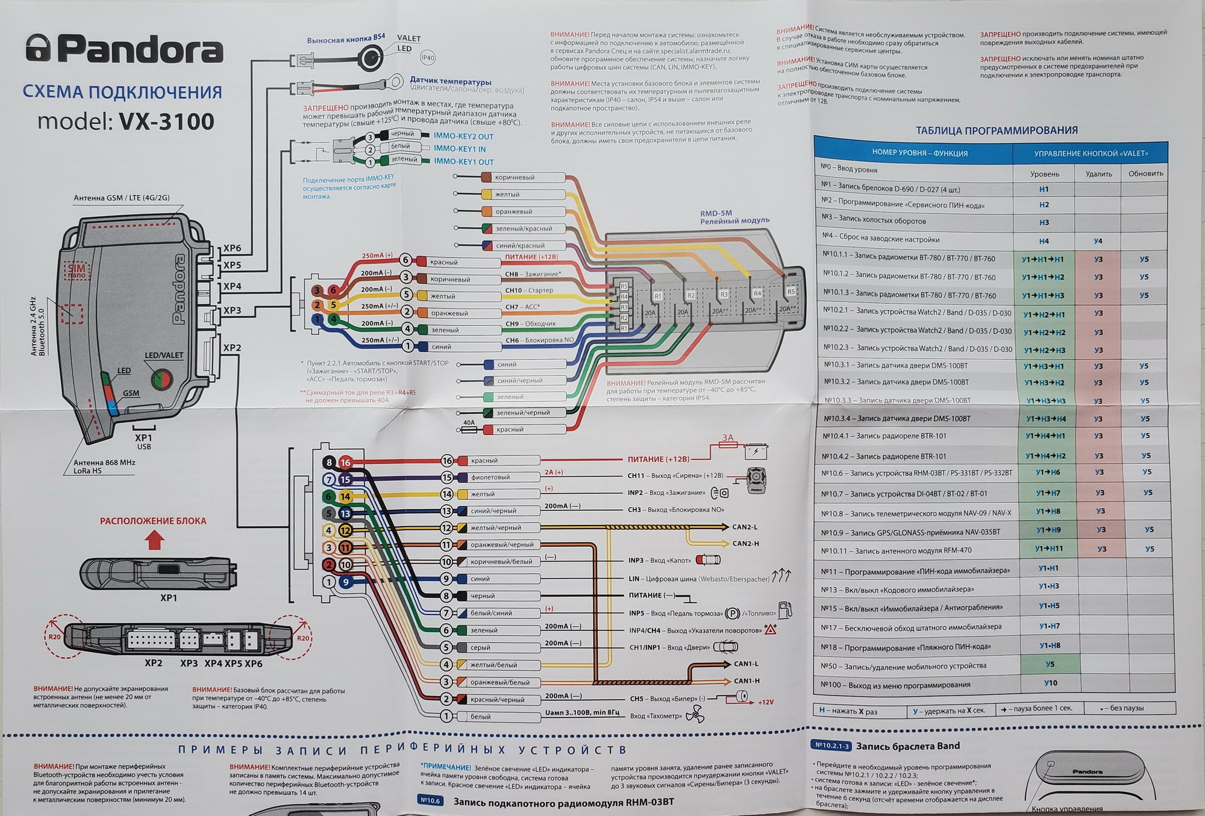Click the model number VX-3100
point(166,122)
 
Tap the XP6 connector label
point(232,248)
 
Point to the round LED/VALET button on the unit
point(160,379)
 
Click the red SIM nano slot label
point(77,271)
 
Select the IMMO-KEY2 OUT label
point(463,136)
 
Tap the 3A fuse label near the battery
point(728,438)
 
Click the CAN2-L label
point(745,527)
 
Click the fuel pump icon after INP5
point(785,610)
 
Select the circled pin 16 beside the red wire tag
point(446,460)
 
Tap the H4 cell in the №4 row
point(1044,241)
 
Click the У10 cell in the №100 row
point(1050,683)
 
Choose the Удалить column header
point(1098,174)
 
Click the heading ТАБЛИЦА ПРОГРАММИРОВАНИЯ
point(997,130)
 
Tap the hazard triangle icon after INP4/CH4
point(770,630)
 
